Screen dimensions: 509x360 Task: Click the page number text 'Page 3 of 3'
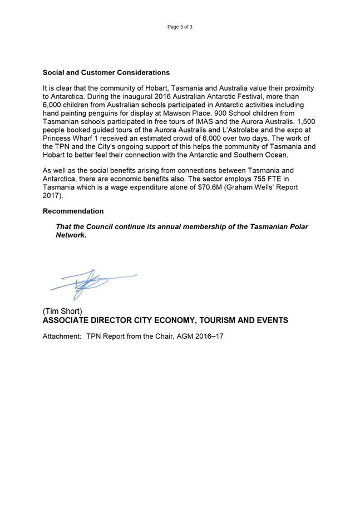tap(180, 27)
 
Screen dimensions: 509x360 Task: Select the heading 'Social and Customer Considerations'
tap(106, 73)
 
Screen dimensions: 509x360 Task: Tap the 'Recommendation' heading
tap(73, 211)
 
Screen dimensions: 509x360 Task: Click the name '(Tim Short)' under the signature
tap(62, 312)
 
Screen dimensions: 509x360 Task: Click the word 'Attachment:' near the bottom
tap(62, 337)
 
